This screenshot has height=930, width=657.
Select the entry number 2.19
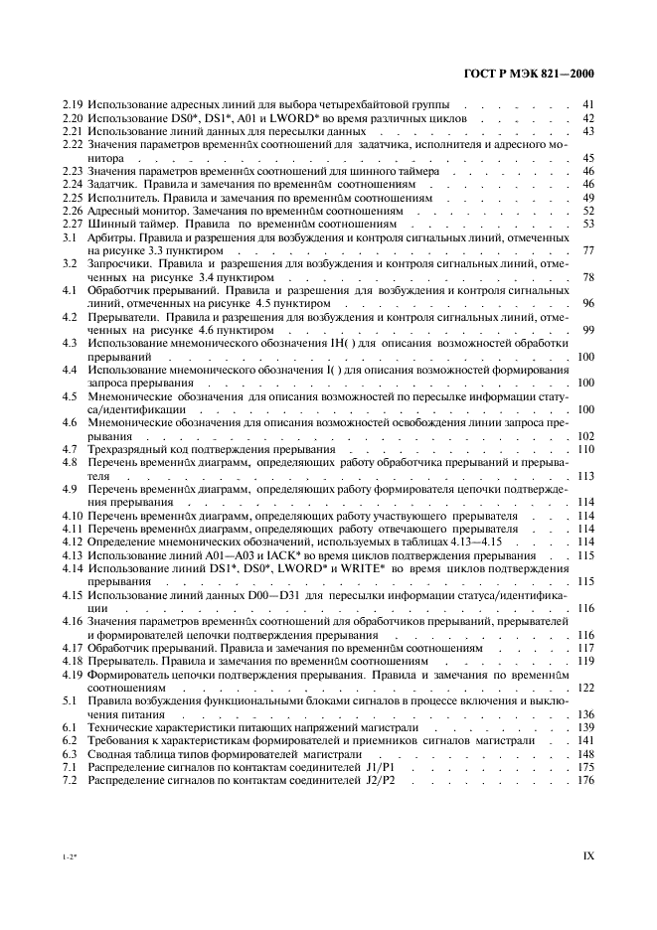[72, 104]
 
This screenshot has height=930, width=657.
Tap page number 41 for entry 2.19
[587, 104]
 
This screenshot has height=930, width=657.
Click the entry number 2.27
[72, 225]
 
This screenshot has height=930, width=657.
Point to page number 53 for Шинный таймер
[587, 225]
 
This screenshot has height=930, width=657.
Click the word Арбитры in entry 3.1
[110, 238]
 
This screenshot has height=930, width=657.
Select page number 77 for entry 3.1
[587, 251]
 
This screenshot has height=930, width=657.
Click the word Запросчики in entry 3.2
[120, 265]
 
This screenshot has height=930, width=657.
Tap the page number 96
[587, 304]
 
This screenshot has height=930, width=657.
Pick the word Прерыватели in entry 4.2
[123, 318]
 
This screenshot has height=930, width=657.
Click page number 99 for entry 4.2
[587, 331]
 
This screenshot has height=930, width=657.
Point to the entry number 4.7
[70, 450]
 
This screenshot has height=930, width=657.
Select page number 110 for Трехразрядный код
[584, 450]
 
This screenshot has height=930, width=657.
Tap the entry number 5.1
[70, 701]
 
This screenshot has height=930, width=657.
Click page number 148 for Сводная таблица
[584, 754]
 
